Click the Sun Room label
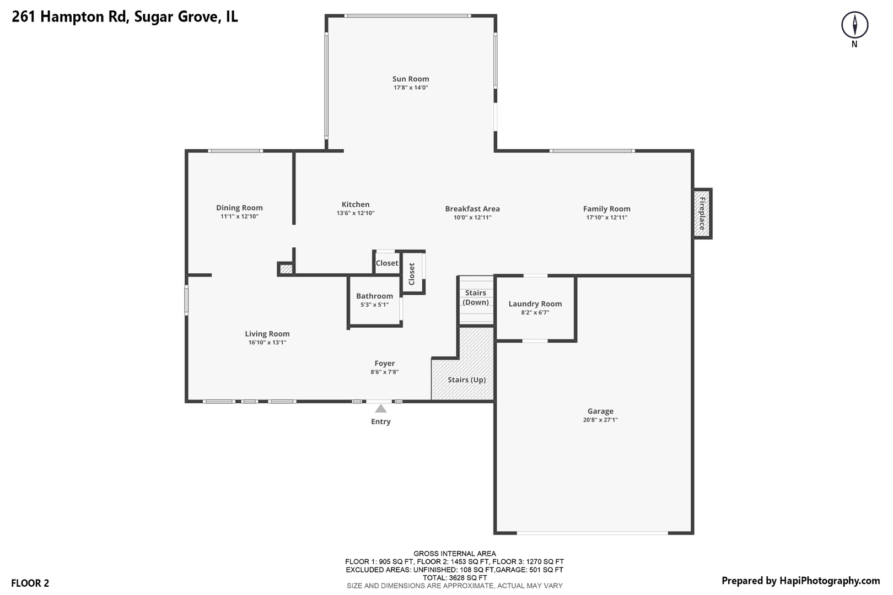coord(411,79)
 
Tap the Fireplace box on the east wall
coord(702,214)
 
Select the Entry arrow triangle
coord(380,409)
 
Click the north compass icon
coord(854,25)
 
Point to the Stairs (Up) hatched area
coord(466,379)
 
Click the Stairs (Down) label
coord(476,297)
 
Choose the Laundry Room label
coord(535,304)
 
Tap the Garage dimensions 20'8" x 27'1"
coord(600,420)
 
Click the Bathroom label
coord(374,296)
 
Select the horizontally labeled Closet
coord(386,263)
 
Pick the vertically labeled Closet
coord(412,274)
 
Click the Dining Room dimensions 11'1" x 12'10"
coord(239,217)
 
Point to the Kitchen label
coord(356,204)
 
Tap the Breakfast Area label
coord(472,209)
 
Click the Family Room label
coord(606,209)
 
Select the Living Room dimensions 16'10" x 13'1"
coord(267,343)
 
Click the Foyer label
coord(384,364)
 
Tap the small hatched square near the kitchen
coord(286,269)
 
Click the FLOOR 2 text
coord(30,583)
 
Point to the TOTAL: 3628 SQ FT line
coord(454,578)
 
